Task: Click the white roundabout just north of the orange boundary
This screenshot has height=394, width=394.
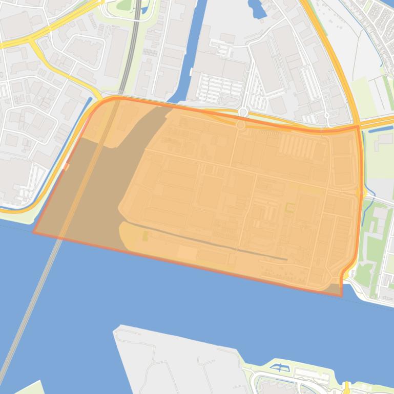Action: tap(243, 112)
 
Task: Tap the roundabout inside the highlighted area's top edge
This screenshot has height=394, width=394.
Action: tap(240, 124)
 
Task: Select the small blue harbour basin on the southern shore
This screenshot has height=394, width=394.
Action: tap(279, 367)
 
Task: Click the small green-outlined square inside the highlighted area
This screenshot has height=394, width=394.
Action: tap(290, 207)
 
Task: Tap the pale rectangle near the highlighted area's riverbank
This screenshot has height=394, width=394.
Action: tap(187, 253)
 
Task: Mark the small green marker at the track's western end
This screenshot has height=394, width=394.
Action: tap(145, 235)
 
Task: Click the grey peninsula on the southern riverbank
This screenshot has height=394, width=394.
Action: tap(174, 358)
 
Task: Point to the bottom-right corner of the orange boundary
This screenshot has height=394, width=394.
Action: tap(341, 296)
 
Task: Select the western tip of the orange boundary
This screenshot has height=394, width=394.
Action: tap(34, 232)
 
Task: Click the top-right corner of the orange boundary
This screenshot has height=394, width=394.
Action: tap(358, 126)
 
